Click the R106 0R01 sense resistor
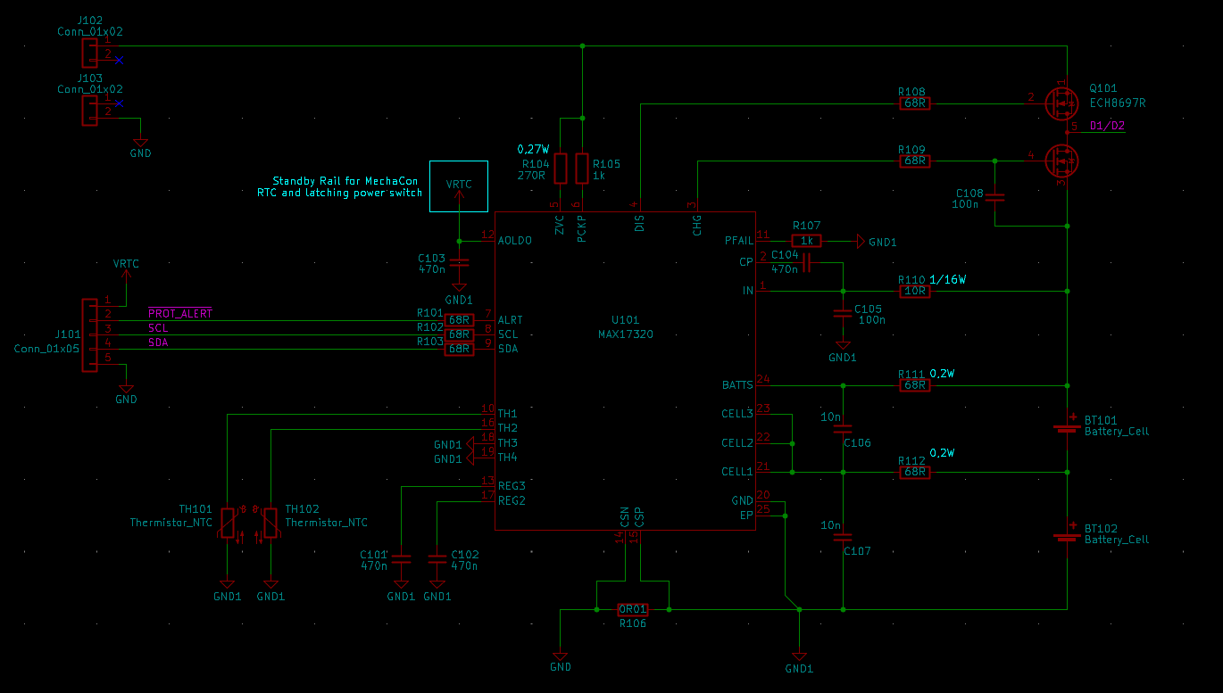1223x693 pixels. [x=633, y=609]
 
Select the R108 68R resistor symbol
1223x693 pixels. [x=914, y=103]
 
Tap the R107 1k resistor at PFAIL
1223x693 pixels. [x=806, y=241]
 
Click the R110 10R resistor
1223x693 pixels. [x=914, y=291]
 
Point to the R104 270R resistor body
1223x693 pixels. [x=561, y=168]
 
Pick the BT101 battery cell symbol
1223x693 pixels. [x=1068, y=425]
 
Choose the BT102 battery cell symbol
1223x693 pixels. [x=1068, y=534]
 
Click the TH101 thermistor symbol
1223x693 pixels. [x=228, y=523]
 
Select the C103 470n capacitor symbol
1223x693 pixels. [x=459, y=262]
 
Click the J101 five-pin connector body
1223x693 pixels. [x=89, y=335]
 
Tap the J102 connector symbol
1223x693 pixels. [x=89, y=53]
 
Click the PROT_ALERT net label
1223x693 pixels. [x=180, y=313]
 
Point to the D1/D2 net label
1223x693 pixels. [x=1107, y=126]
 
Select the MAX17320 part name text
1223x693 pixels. [x=626, y=334]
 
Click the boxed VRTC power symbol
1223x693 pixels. [x=459, y=186]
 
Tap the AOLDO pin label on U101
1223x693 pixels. [x=515, y=241]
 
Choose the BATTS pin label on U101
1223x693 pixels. [x=737, y=385]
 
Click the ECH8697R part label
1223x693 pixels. [x=1118, y=103]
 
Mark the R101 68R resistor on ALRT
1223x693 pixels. [x=459, y=320]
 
